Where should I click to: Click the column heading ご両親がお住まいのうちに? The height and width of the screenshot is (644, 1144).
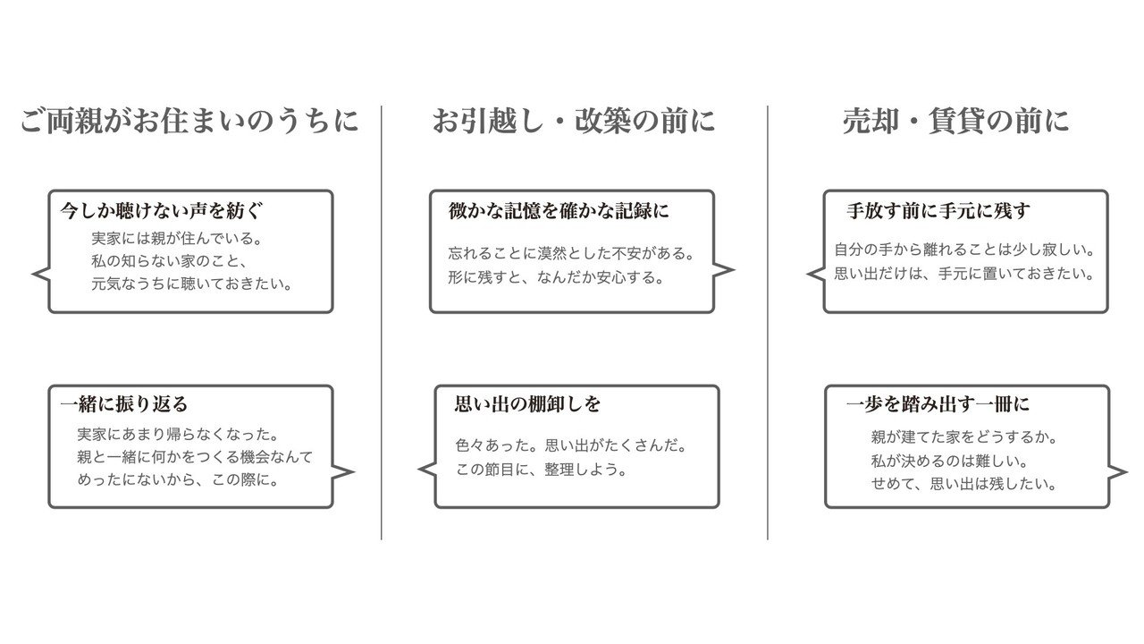tap(189, 121)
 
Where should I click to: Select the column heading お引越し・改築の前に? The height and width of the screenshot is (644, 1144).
tap(573, 121)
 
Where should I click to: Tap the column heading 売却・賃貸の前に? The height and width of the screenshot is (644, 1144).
tap(955, 121)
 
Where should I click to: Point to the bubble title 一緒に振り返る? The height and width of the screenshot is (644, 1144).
tap(124, 404)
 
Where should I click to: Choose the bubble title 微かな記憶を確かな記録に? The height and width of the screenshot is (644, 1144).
tap(559, 211)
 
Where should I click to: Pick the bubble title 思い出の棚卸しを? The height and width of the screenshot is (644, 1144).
tap(528, 404)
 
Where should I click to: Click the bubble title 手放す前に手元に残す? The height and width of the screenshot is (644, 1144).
tap(938, 211)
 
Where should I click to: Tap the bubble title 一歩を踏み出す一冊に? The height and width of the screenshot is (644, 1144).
tap(938, 404)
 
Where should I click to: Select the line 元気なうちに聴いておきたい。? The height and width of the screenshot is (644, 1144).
tap(192, 284)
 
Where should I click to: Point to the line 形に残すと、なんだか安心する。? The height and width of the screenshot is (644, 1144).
tap(557, 277)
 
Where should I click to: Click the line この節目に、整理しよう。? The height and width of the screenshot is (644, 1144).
tap(542, 469)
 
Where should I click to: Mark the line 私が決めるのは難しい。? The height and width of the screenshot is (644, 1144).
tap(950, 462)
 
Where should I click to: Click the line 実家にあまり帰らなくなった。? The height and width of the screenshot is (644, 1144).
tap(178, 435)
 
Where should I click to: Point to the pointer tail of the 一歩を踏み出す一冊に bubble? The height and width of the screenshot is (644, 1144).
tap(1118, 472)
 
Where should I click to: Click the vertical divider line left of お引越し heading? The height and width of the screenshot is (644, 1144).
tap(382, 322)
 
